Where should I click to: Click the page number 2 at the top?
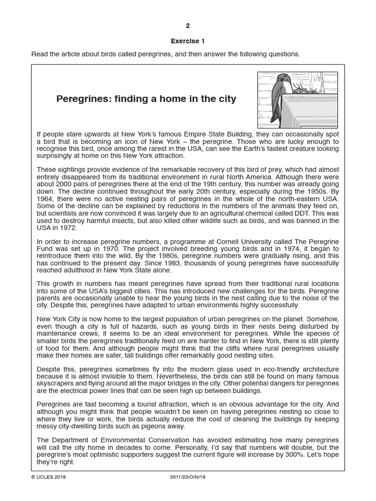click(188, 26)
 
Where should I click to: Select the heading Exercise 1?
click(188, 41)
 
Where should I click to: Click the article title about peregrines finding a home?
click(146, 99)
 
